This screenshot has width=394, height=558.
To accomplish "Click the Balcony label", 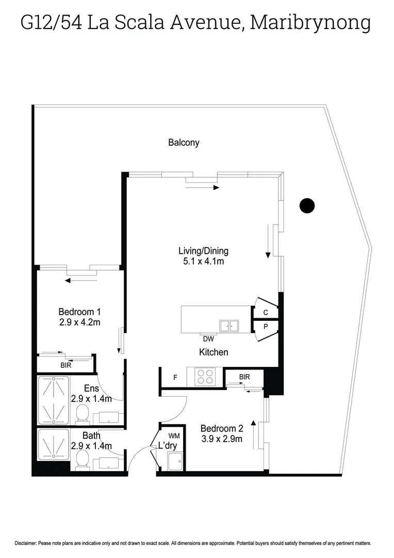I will (184, 143).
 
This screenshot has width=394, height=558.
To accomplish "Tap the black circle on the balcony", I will (307, 206).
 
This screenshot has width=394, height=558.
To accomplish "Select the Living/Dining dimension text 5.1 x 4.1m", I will (203, 261).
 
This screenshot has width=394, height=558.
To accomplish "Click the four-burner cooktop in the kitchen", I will (204, 376).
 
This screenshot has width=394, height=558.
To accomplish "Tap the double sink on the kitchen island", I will (228, 326).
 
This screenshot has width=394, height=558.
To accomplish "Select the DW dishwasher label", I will (208, 339).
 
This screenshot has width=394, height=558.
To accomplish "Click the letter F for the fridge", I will (175, 378).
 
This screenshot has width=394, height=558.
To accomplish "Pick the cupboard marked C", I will (266, 312).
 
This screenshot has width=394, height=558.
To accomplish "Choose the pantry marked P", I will (266, 327).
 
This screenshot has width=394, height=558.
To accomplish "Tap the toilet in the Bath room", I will (82, 459).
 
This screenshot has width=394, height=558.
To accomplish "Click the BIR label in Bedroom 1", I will (66, 365).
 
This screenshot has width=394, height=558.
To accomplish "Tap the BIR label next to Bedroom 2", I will (244, 377).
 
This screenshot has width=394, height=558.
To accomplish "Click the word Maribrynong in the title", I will (309, 23).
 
